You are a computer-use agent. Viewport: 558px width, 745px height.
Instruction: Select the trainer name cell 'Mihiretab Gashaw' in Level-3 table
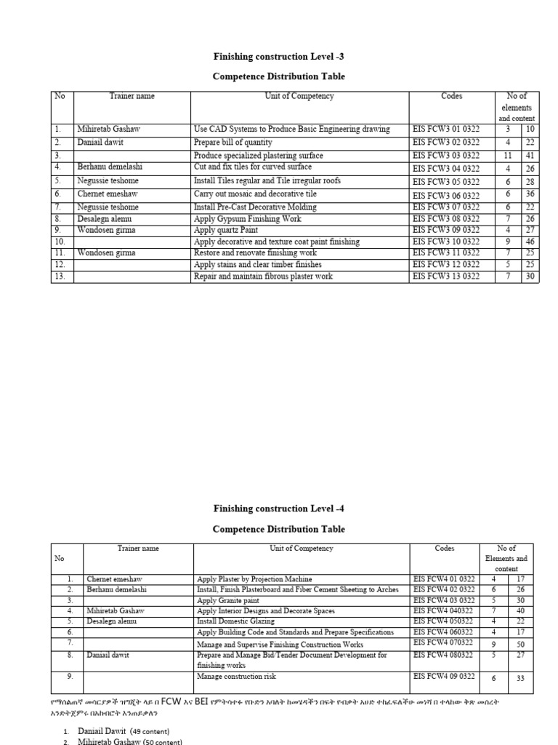(108, 130)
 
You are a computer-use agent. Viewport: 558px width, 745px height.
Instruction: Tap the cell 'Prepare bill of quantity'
(233, 143)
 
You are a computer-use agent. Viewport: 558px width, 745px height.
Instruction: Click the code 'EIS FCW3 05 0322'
(445, 181)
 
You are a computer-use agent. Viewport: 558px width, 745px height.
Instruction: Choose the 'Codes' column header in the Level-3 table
(451, 96)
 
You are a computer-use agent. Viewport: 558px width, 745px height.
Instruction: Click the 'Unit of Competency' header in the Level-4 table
(301, 549)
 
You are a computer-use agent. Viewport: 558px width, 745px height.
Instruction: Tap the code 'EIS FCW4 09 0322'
(444, 677)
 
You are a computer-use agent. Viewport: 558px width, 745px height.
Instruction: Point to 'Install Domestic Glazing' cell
(235, 622)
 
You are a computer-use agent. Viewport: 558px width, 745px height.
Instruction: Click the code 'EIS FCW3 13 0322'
(445, 277)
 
